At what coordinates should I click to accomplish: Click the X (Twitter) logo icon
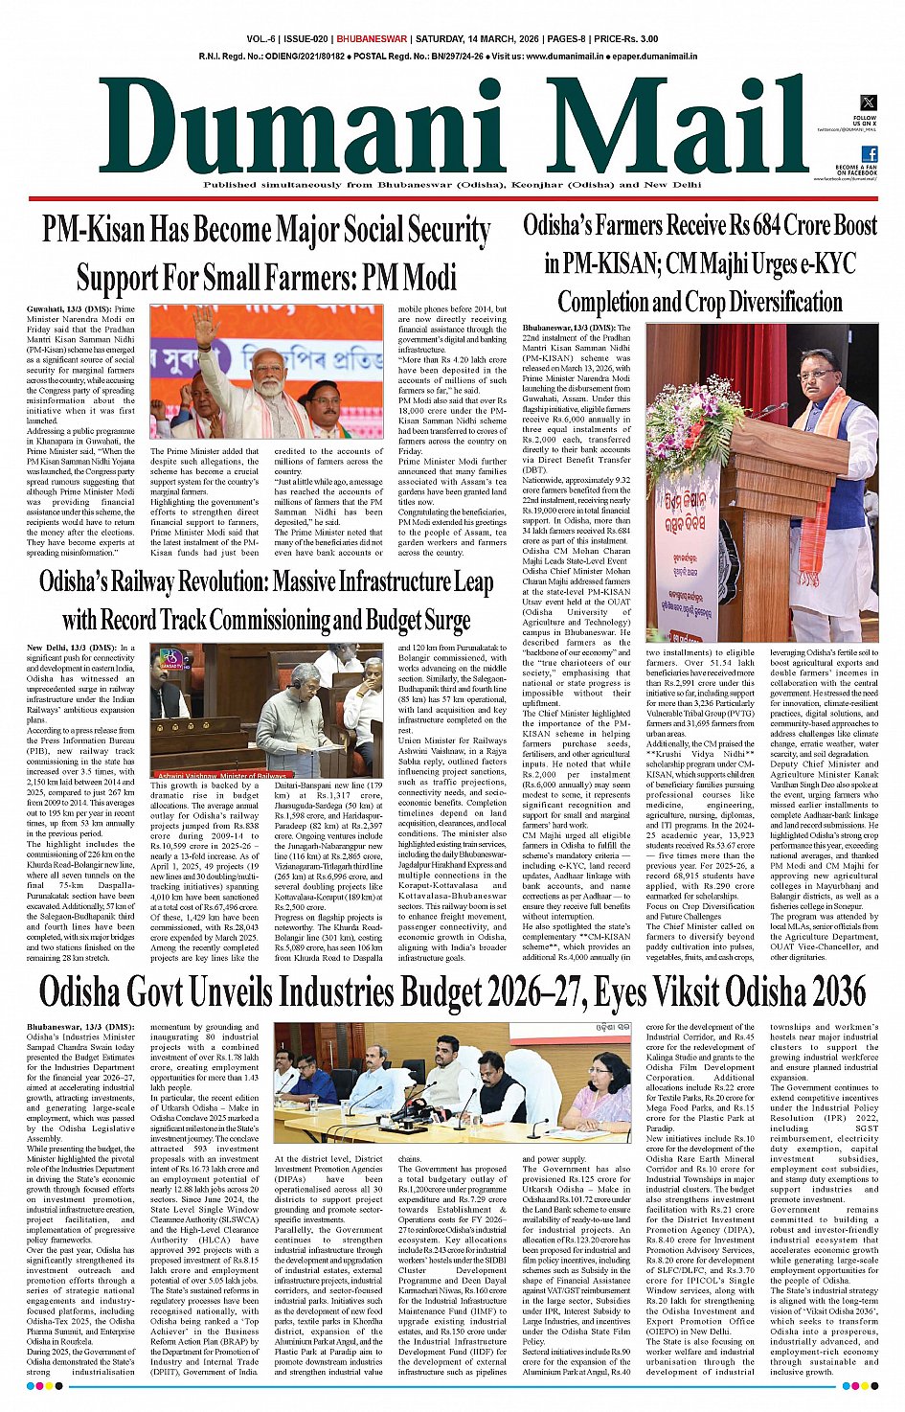[x=868, y=102]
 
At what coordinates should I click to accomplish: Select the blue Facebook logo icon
[x=869, y=154]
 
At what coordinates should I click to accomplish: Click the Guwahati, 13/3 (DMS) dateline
[x=68, y=310]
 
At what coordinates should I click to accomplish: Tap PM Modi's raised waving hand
[x=205, y=326]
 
